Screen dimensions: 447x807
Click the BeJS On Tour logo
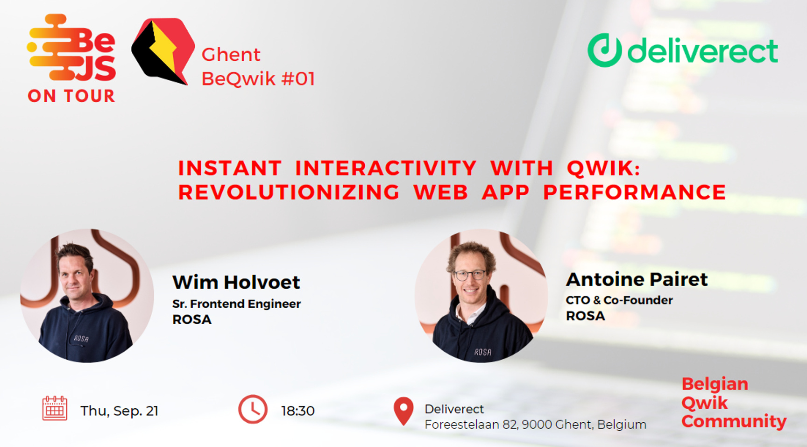click(x=71, y=58)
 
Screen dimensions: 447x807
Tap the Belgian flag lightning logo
click(x=162, y=51)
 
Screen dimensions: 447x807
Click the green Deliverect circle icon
click(x=604, y=50)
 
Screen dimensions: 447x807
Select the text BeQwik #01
click(x=258, y=78)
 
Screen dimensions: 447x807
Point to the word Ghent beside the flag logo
click(x=231, y=55)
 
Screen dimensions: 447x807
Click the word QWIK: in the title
click(x=603, y=168)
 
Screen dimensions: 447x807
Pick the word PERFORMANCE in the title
click(x=634, y=192)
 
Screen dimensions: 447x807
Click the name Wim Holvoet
click(x=236, y=282)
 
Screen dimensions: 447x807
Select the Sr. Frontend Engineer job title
click(x=236, y=304)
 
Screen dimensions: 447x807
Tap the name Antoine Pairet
click(x=637, y=279)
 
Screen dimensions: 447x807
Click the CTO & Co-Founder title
click(x=619, y=300)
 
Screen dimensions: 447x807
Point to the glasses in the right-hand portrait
click(x=470, y=275)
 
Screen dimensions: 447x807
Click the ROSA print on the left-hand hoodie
click(x=81, y=339)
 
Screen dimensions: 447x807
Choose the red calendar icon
click(x=55, y=408)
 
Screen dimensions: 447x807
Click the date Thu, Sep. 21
click(x=119, y=411)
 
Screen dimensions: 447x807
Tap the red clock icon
click(x=253, y=410)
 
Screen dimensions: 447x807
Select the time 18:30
click(x=297, y=411)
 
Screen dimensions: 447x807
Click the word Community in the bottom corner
click(x=733, y=421)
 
